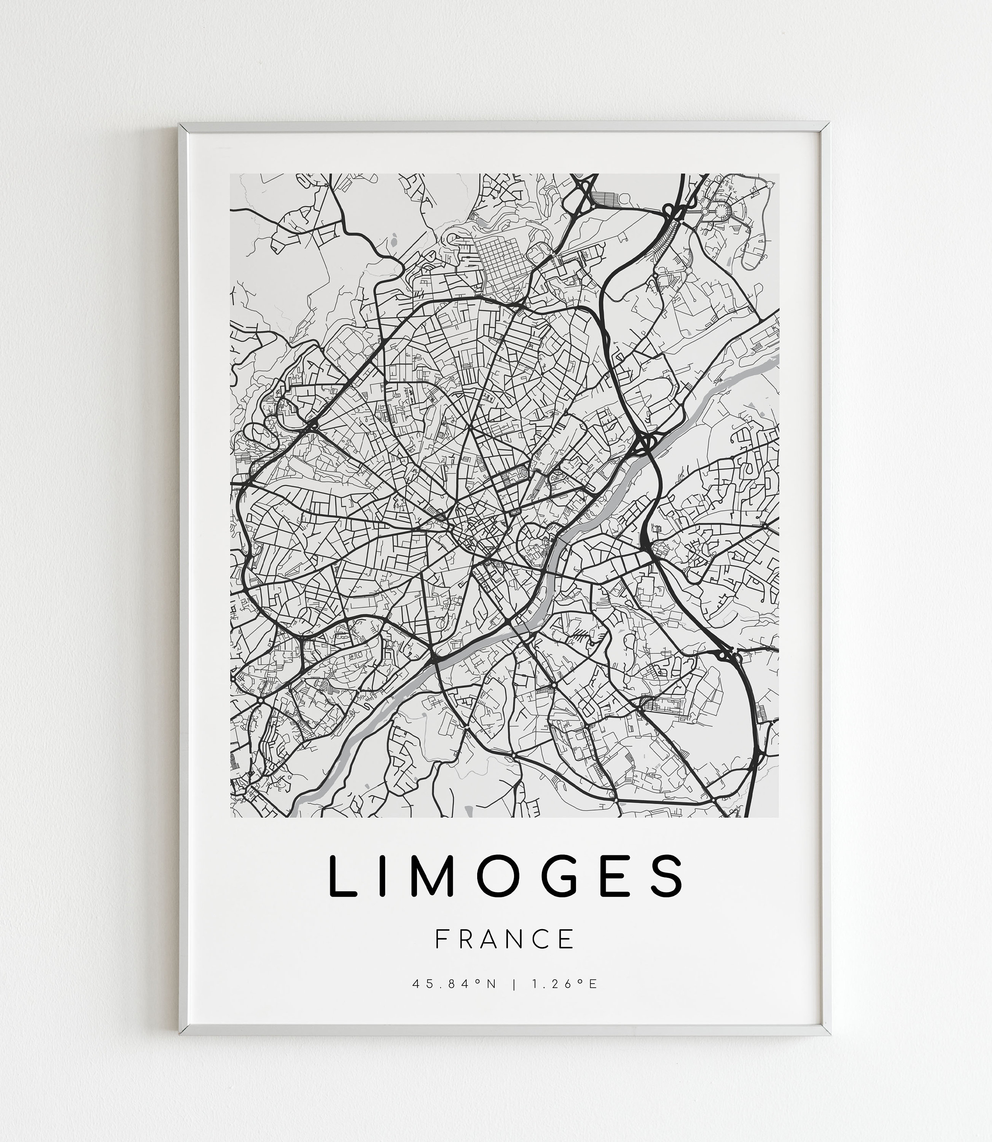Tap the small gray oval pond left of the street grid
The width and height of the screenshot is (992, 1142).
[x=393, y=241]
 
